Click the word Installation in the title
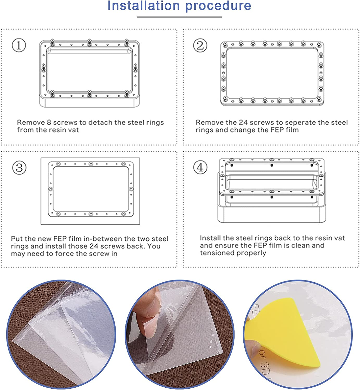pos(144,6)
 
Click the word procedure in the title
pos(218,6)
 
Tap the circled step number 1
pos(19,45)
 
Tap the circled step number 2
pos(200,45)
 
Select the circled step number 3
pos(19,168)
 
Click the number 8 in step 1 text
pos(49,122)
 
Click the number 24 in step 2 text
pos(243,122)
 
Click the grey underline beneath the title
pos(179,17)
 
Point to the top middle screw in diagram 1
pos(89,42)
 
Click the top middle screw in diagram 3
pos(91,164)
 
